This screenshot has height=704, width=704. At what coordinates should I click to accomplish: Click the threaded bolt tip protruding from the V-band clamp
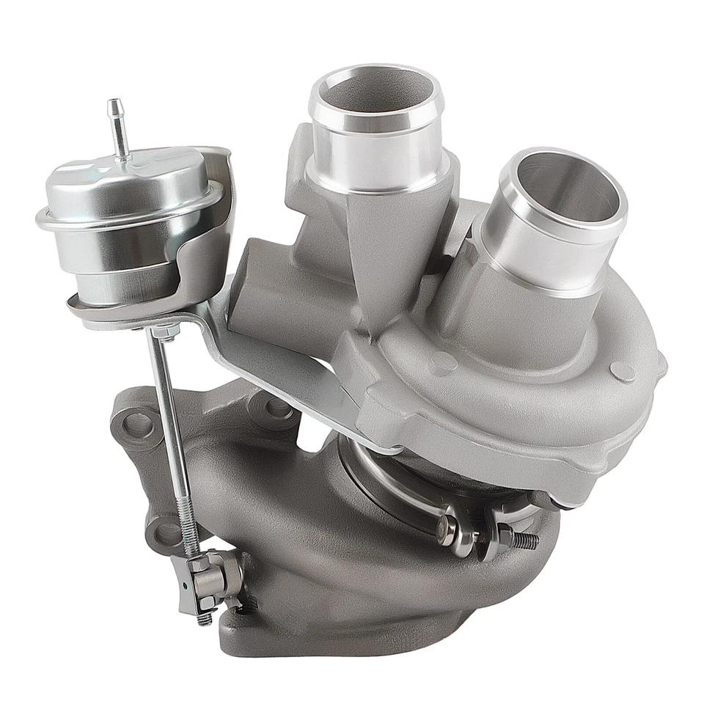524,540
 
